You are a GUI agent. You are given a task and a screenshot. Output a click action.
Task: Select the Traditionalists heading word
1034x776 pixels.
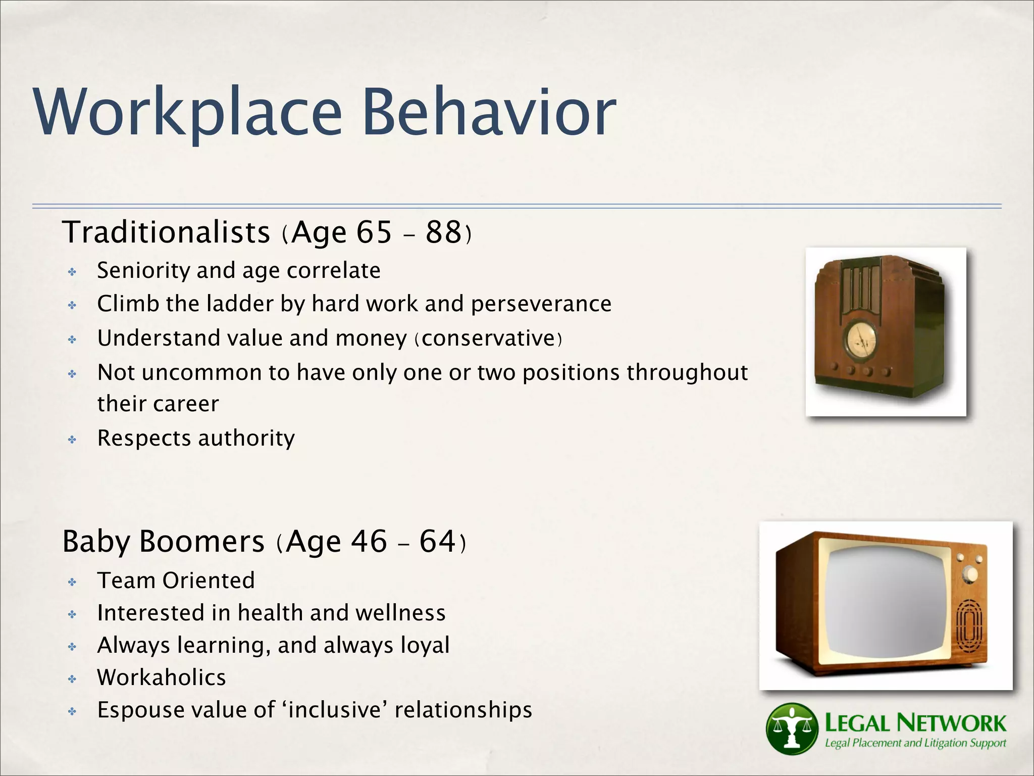pyautogui.click(x=166, y=232)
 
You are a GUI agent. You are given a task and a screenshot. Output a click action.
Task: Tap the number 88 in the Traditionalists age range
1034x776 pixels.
pyautogui.click(x=443, y=232)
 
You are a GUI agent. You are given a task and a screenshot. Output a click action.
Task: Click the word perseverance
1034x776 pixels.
pyautogui.click(x=541, y=304)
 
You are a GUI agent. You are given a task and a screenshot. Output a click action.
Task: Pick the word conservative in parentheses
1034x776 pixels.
pyautogui.click(x=488, y=338)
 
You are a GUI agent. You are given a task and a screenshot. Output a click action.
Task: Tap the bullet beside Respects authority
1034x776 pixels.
pyautogui.click(x=72, y=440)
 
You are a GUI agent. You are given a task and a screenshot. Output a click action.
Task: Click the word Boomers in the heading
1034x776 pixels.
pyautogui.click(x=201, y=542)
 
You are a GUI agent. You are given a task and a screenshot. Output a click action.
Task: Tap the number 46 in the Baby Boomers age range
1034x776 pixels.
pyautogui.click(x=369, y=542)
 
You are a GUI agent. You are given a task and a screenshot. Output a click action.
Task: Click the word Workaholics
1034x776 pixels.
pyautogui.click(x=162, y=678)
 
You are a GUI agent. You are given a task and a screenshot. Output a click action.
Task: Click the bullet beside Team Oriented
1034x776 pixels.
pyautogui.click(x=72, y=583)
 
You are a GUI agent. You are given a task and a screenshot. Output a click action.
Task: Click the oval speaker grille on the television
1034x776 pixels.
pyautogui.click(x=969, y=626)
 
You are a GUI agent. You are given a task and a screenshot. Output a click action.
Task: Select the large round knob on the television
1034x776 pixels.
pyautogui.click(x=969, y=574)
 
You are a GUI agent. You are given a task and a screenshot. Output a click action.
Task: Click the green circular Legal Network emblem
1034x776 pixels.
pyautogui.click(x=791, y=728)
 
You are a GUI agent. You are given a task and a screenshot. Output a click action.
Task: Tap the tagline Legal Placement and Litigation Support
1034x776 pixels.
pyautogui.click(x=915, y=743)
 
